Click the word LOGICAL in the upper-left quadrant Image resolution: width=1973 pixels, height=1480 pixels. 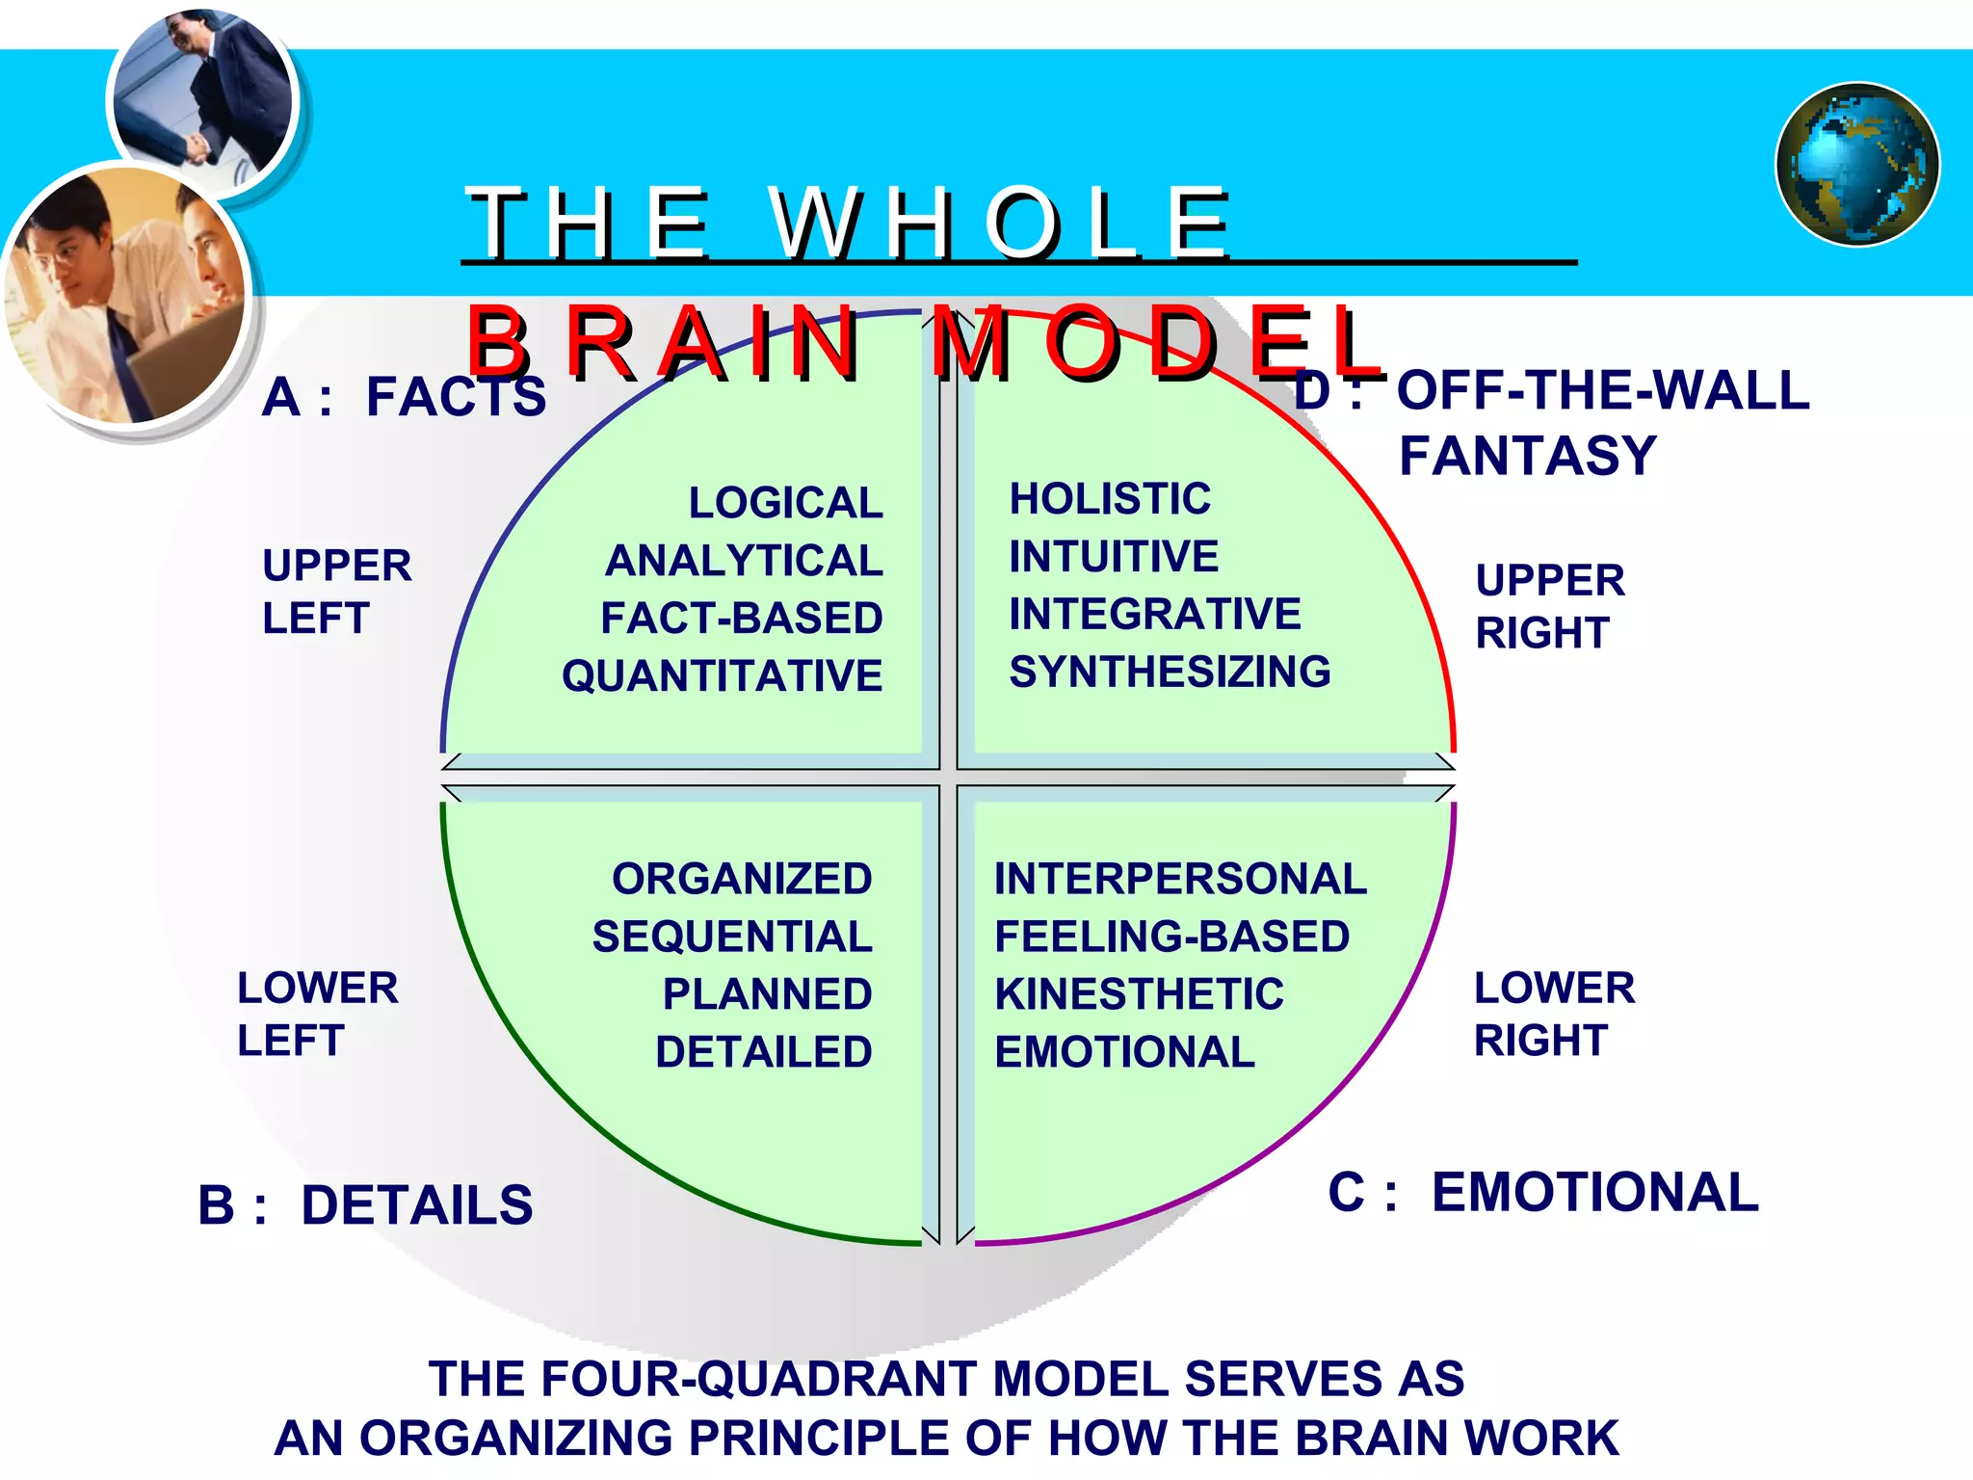(785, 503)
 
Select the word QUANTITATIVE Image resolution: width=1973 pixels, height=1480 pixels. (723, 675)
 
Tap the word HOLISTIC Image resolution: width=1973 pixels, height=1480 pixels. (1110, 499)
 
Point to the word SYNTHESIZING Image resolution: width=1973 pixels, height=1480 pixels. (1170, 672)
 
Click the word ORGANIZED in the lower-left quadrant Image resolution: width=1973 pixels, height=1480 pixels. (742, 879)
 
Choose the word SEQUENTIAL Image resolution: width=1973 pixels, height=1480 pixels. (732, 937)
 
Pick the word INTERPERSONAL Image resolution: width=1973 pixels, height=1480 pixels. (1180, 879)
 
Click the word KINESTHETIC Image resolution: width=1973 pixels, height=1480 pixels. (1139, 994)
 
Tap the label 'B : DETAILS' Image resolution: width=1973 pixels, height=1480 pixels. (365, 1205)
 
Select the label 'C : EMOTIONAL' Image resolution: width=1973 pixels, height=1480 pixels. (1542, 1192)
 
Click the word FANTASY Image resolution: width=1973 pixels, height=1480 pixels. (1527, 456)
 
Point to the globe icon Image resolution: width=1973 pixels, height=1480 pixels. (1857, 165)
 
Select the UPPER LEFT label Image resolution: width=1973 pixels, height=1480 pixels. (336, 592)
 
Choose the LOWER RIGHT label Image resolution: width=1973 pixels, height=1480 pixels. (1553, 1014)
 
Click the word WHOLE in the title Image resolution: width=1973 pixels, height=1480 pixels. (1000, 224)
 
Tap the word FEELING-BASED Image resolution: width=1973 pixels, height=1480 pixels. (1171, 937)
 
